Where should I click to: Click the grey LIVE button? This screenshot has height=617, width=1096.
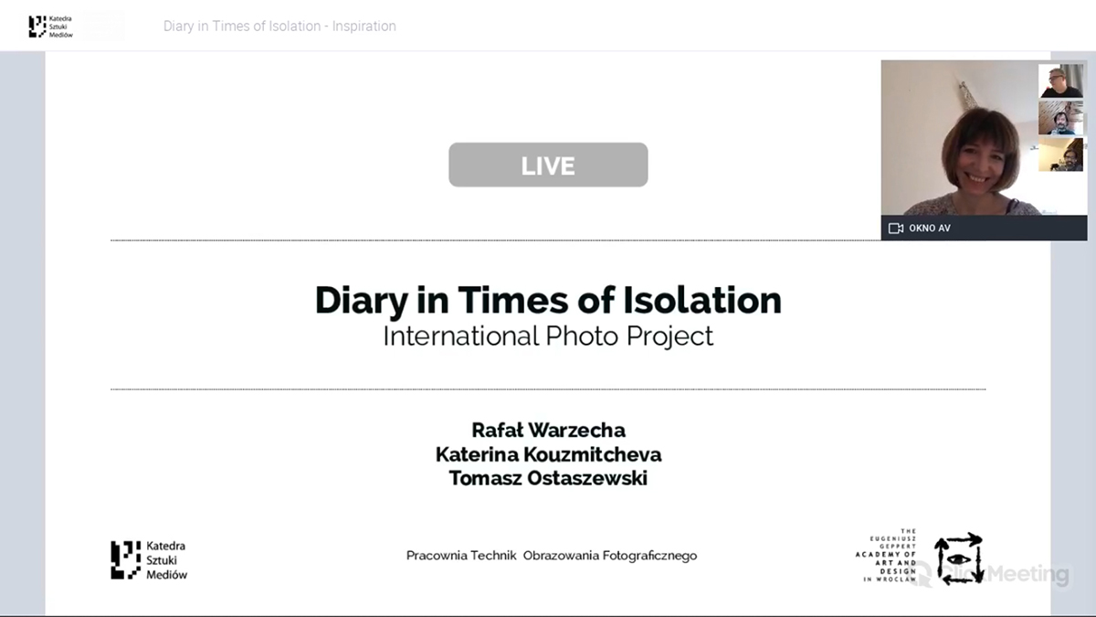pyautogui.click(x=548, y=165)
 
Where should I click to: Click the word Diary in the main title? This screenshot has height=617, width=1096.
pyautogui.click(x=361, y=301)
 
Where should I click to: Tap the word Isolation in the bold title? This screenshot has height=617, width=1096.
pyautogui.click(x=702, y=300)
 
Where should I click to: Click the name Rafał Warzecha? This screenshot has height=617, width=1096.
pyautogui.click(x=548, y=430)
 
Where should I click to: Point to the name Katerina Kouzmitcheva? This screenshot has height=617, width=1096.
pyautogui.click(x=548, y=454)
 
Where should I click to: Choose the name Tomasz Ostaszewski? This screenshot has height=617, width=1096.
pyautogui.click(x=548, y=478)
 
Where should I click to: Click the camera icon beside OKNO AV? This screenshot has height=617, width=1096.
pyautogui.click(x=895, y=229)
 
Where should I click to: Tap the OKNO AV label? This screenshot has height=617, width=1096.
pyautogui.click(x=930, y=229)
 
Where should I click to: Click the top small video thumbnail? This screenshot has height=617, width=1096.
pyautogui.click(x=1060, y=80)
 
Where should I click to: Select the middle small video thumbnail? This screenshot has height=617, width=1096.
pyautogui.click(x=1060, y=118)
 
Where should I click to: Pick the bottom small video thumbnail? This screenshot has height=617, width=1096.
pyautogui.click(x=1060, y=154)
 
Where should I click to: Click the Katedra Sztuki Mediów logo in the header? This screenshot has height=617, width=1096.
pyautogui.click(x=51, y=27)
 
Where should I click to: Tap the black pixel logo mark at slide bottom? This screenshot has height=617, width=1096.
pyautogui.click(x=126, y=560)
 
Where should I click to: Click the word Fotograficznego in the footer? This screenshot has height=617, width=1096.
pyautogui.click(x=649, y=556)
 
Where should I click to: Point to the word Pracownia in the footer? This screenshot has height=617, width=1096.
pyautogui.click(x=437, y=556)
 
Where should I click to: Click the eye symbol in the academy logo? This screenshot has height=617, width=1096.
pyautogui.click(x=958, y=559)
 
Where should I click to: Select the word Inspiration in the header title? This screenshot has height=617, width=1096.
pyautogui.click(x=364, y=26)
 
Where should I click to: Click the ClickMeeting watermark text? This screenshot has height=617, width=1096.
pyautogui.click(x=1004, y=573)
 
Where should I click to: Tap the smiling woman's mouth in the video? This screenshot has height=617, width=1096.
pyautogui.click(x=977, y=179)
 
